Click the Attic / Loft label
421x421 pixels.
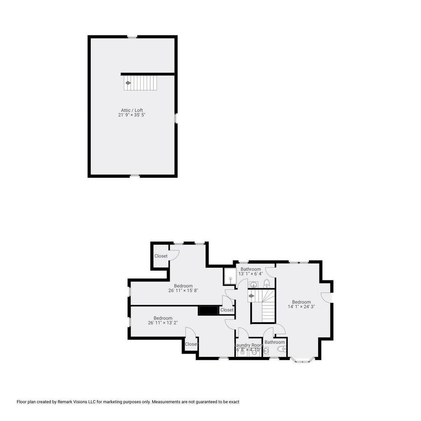(x=132, y=110)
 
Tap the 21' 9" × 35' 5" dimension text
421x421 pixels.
(x=132, y=115)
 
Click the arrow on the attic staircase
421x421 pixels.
(x=128, y=83)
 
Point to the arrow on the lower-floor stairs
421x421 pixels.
(x=252, y=296)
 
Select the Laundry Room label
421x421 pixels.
(x=249, y=345)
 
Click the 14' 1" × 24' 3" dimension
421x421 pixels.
(x=301, y=307)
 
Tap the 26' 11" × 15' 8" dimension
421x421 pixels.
(x=183, y=291)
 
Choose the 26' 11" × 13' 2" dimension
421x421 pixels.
(x=163, y=323)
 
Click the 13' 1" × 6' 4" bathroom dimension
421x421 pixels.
(x=250, y=274)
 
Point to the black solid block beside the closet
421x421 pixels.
(x=208, y=310)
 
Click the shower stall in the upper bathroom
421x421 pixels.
(x=230, y=277)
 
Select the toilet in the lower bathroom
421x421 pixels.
(x=282, y=349)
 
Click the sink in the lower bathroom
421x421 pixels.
(x=266, y=351)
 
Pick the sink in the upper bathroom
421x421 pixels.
(x=253, y=285)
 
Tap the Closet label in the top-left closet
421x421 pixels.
(x=161, y=256)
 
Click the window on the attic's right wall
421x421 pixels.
(x=176, y=118)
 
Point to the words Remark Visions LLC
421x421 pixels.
(x=72, y=402)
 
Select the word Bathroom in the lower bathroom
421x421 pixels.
(x=274, y=342)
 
